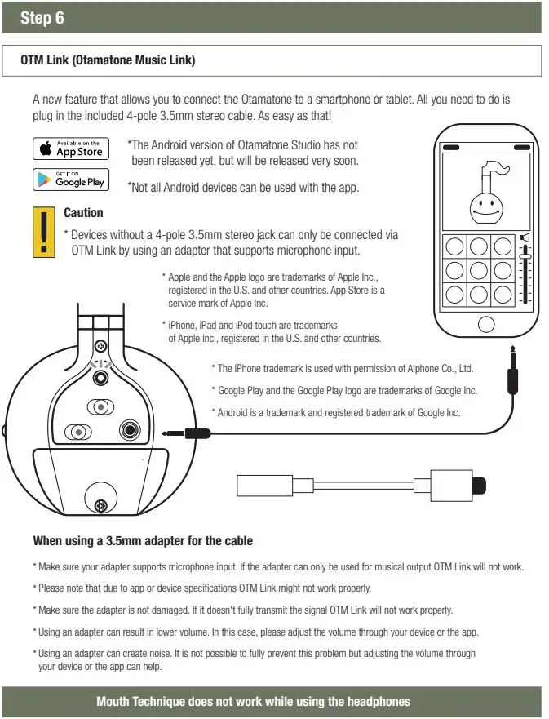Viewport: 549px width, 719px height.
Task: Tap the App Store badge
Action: click(x=70, y=149)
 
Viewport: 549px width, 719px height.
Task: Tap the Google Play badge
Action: click(x=70, y=179)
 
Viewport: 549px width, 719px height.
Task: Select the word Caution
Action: click(x=83, y=213)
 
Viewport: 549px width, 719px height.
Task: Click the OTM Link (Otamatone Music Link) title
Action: click(x=108, y=60)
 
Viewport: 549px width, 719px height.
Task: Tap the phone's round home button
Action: click(x=485, y=324)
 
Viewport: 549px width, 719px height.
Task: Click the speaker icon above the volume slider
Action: click(x=525, y=239)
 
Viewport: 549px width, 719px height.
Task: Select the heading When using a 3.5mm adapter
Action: click(x=143, y=540)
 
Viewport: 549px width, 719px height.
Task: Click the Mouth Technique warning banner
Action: click(x=253, y=701)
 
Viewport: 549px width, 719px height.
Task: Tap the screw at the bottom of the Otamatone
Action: click(x=101, y=505)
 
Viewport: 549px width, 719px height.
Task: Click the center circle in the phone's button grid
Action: click(x=479, y=270)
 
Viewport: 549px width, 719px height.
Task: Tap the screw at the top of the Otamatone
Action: click(x=100, y=345)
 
